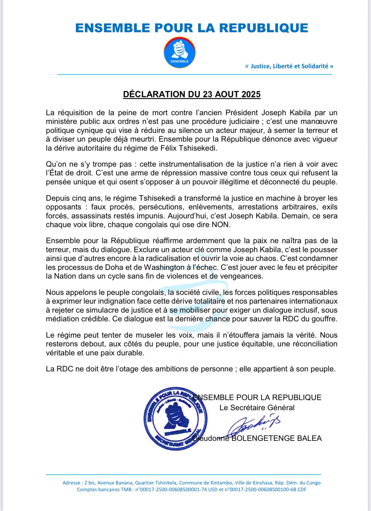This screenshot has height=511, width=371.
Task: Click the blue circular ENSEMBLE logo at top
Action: click(180, 53)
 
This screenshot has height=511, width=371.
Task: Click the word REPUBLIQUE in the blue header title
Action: click(264, 28)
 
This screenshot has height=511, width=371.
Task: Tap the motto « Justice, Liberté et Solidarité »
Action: click(289, 66)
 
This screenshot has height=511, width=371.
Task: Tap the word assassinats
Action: click(93, 216)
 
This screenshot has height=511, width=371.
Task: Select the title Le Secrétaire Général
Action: click(257, 408)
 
